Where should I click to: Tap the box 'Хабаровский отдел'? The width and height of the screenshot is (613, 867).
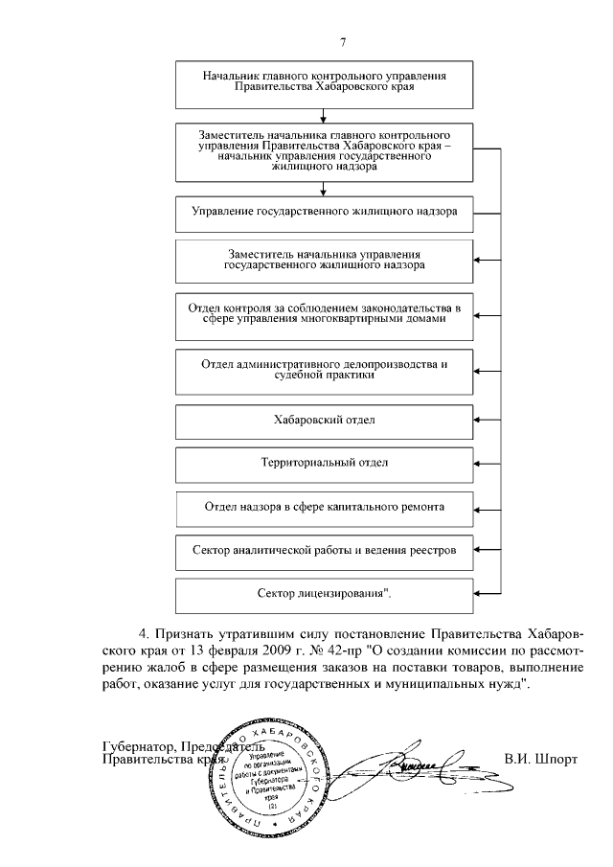325,420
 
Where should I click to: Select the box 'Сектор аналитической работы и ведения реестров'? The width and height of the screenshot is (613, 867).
325,551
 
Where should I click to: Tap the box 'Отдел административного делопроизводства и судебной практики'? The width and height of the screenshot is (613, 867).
325,370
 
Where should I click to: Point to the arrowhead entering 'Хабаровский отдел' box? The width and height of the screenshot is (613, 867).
480,420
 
